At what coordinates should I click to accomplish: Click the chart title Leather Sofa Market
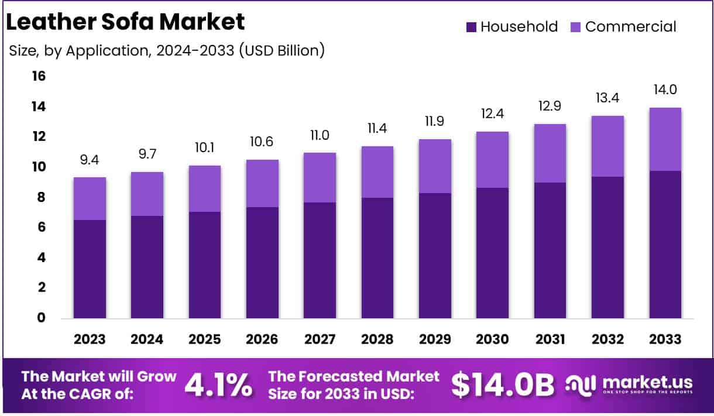125,22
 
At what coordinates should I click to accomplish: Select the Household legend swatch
471,27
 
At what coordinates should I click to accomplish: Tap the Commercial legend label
630,27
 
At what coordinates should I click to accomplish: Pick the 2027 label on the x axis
319,339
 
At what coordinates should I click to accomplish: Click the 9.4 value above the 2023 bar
89,160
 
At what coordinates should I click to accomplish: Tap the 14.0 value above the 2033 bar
665,90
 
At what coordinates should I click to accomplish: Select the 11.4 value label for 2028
376,129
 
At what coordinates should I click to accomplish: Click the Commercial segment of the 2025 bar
204,188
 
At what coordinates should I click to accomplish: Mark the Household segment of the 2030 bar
492,253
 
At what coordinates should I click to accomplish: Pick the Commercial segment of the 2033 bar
665,139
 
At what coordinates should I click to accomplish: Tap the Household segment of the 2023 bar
89,269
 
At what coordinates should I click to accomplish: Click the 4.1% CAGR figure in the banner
219,384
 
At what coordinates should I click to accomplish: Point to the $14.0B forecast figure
503,384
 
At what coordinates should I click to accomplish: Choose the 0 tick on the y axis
41,318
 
